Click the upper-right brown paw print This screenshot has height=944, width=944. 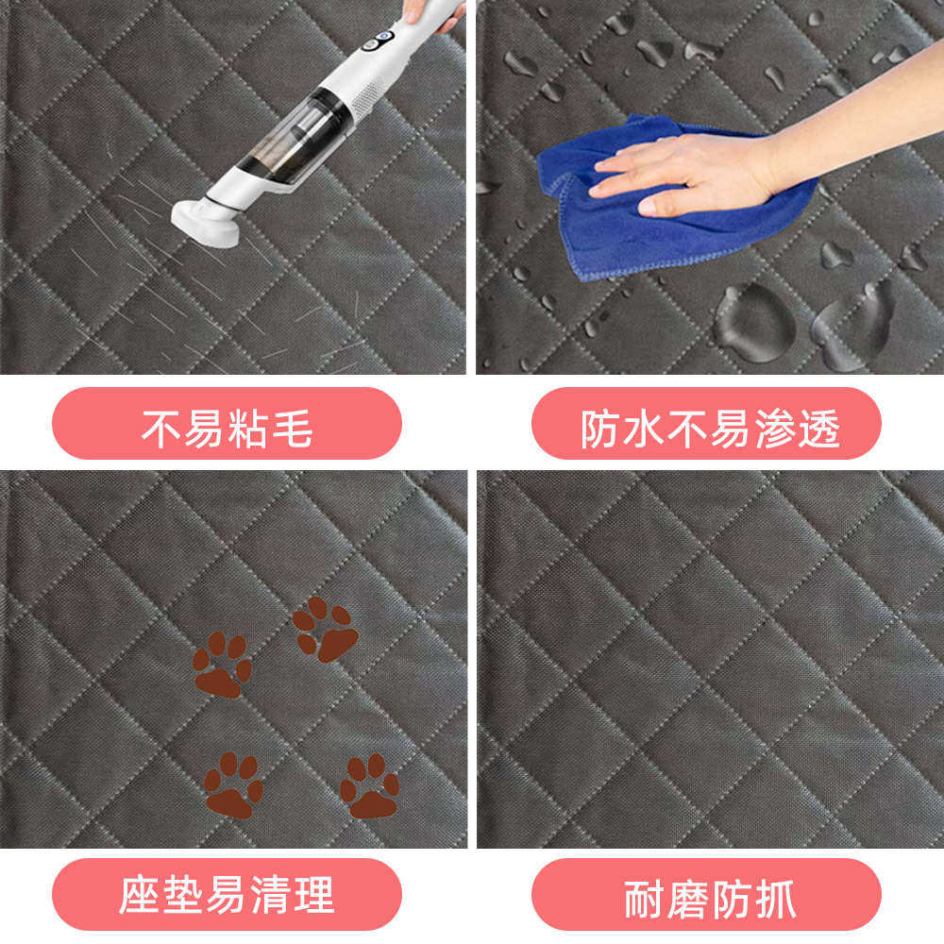326,629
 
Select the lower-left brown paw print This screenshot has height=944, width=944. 232,784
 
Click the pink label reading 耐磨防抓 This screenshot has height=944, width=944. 706,894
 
